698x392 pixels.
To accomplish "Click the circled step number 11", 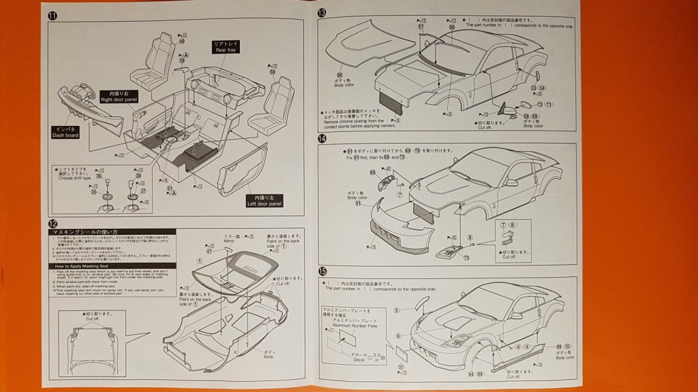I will [x=53, y=14].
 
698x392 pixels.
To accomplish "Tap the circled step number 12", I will [x=53, y=223].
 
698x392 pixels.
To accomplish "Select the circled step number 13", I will [x=322, y=13].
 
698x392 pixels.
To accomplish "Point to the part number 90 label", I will [x=339, y=75].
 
